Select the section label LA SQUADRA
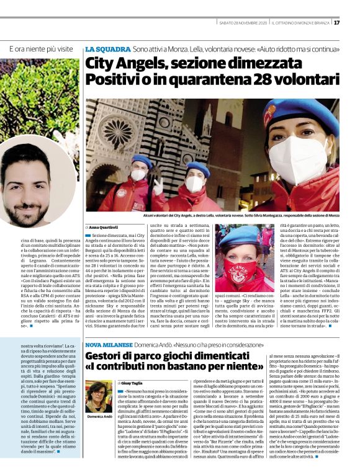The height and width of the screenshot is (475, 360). (x=107, y=48)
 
